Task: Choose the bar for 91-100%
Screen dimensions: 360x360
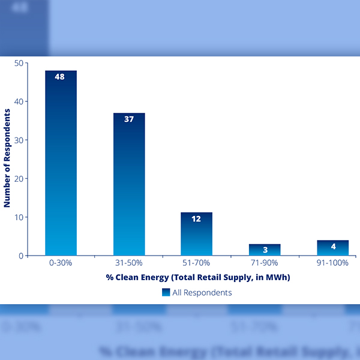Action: click(x=333, y=248)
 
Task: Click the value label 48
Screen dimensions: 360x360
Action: click(x=60, y=77)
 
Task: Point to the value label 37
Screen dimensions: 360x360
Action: click(x=128, y=119)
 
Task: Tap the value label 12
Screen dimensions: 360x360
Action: click(x=196, y=218)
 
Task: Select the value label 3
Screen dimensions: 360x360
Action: click(x=265, y=249)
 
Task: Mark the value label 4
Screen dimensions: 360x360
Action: click(x=333, y=246)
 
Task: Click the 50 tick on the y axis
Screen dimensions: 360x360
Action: click(x=19, y=63)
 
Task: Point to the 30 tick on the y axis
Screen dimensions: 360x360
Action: click(x=19, y=140)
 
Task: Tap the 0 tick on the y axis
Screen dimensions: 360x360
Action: click(x=20, y=256)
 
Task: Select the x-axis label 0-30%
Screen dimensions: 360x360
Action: click(x=60, y=263)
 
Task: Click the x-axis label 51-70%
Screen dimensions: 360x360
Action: click(x=196, y=263)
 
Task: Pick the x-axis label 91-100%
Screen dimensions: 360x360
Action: click(x=333, y=263)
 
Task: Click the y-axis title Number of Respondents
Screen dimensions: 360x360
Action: click(x=7, y=159)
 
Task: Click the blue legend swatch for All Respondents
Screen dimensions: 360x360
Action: click(x=166, y=292)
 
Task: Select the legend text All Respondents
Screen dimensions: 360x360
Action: click(x=202, y=293)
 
